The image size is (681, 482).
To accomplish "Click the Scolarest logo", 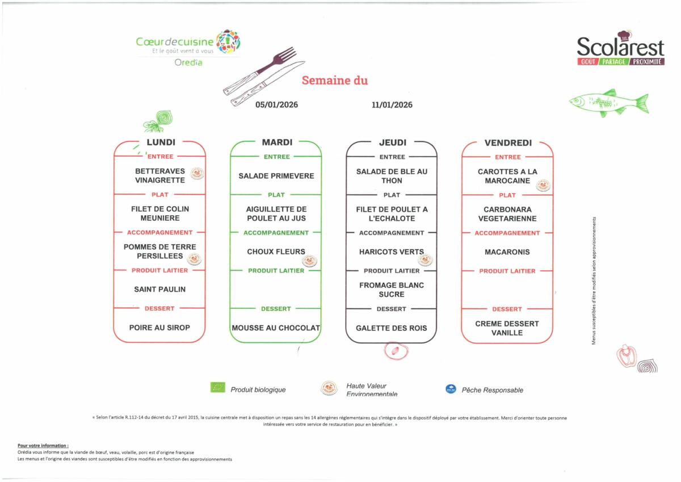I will (x=620, y=50).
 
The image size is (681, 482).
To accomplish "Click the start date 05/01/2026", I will (x=276, y=105).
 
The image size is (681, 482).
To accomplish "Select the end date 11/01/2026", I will (x=392, y=105).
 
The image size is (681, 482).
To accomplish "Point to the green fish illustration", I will (x=609, y=103).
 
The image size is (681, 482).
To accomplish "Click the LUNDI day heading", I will (x=161, y=142).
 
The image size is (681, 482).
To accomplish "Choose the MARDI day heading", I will (x=277, y=142).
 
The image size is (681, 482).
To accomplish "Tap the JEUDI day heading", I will (x=392, y=142).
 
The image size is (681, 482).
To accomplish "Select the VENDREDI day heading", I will (x=508, y=143).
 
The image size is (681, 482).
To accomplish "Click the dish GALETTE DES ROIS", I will (x=392, y=328).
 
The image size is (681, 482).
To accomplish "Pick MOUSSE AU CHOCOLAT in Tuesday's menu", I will (x=276, y=328).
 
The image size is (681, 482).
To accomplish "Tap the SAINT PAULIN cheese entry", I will (x=160, y=290).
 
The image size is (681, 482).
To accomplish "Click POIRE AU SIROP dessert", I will (x=159, y=328).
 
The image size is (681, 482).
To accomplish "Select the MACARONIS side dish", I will (x=507, y=252).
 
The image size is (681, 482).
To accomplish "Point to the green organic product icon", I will (x=218, y=388).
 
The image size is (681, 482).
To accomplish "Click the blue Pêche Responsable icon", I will (x=451, y=389).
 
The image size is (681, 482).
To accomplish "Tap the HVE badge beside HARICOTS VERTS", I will (x=424, y=260).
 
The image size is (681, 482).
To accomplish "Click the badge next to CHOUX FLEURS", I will (x=309, y=260).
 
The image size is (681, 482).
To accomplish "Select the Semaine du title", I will (x=335, y=81).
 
